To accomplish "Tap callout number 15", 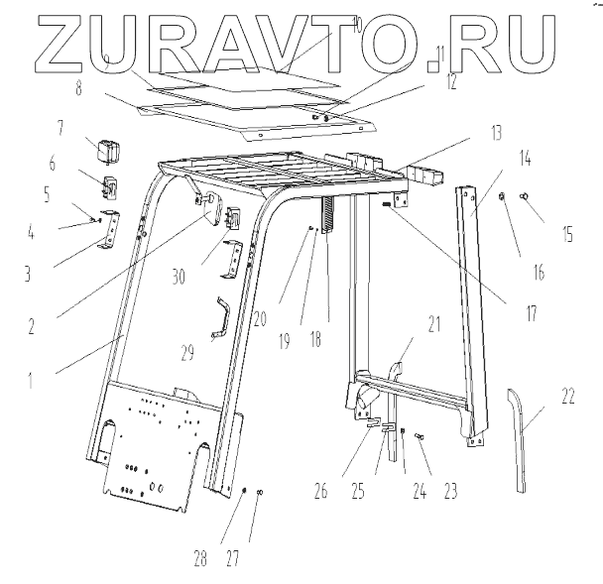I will point(566,235).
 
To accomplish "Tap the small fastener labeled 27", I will point(259,492).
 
